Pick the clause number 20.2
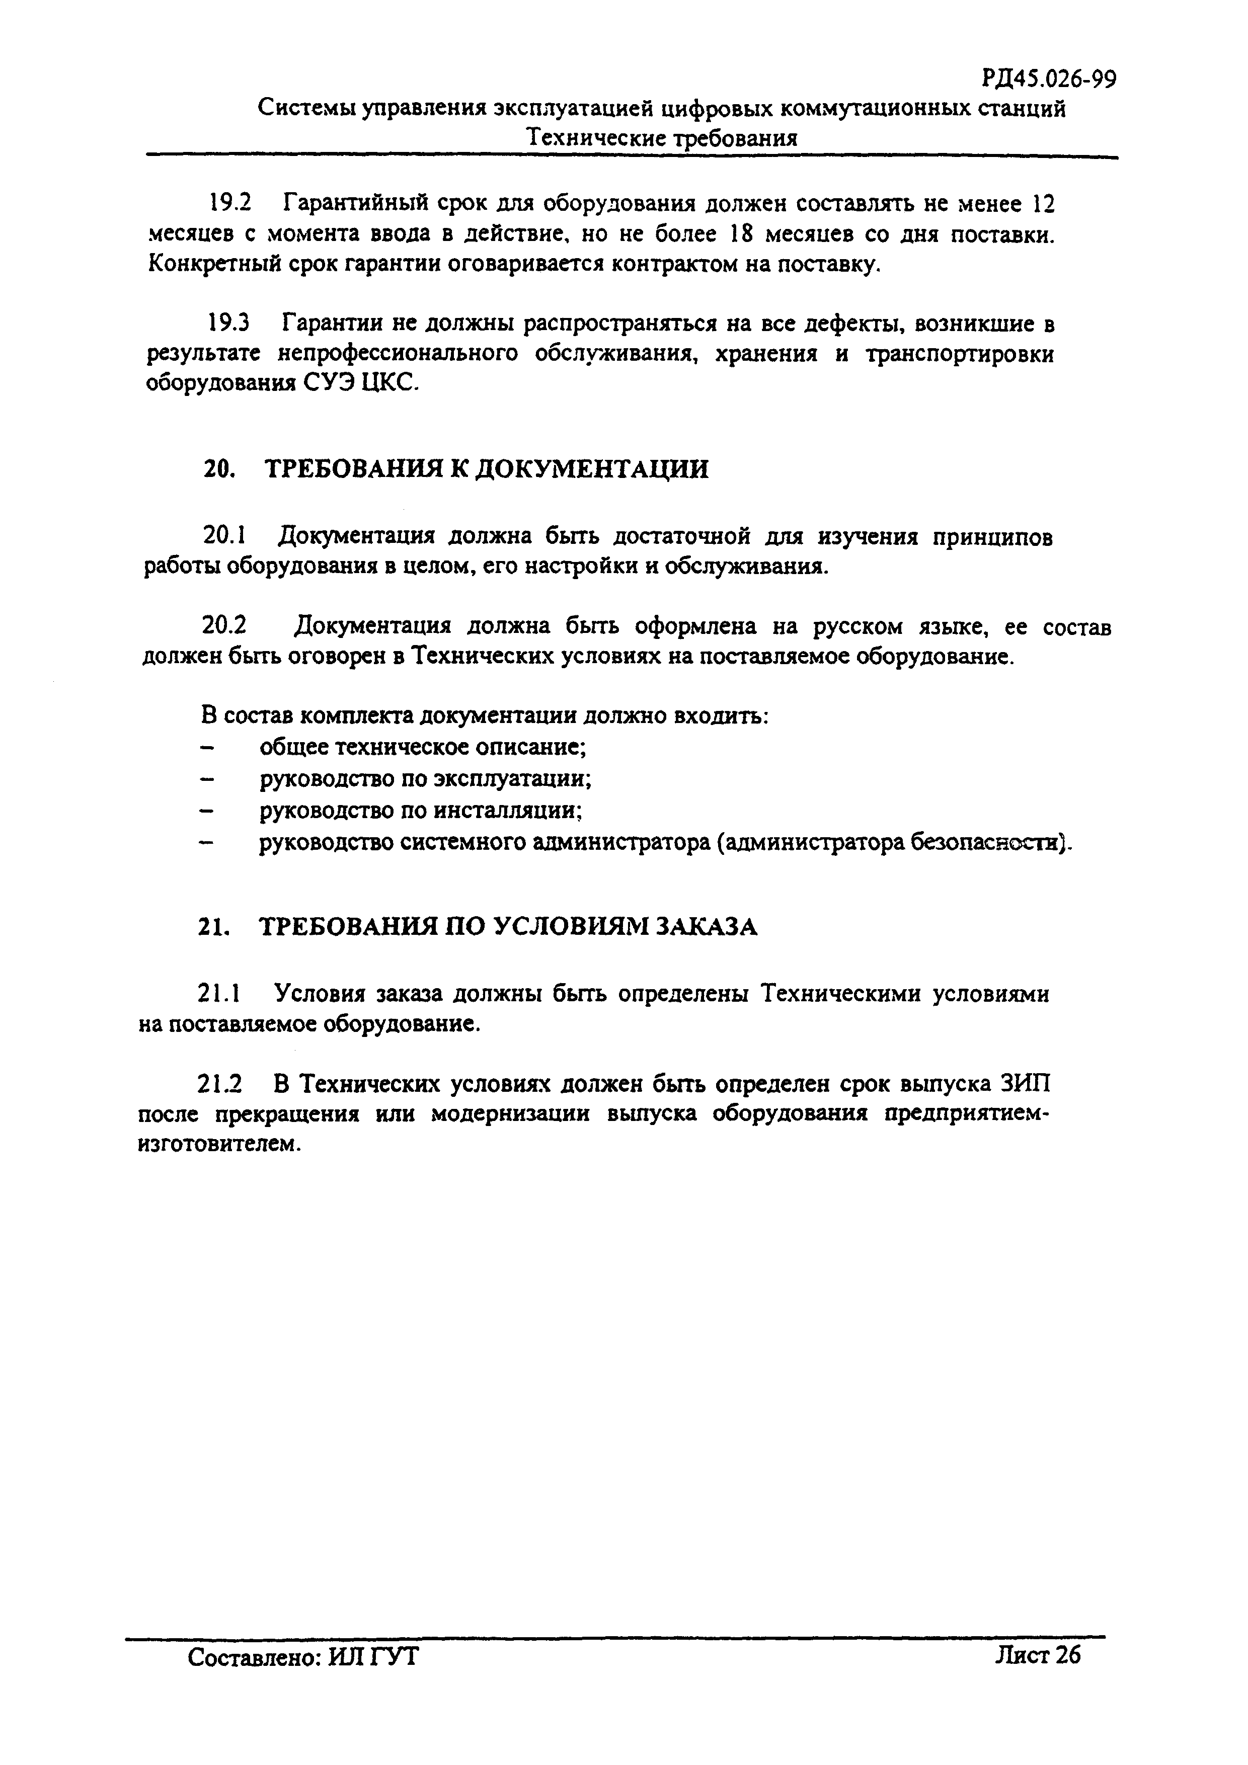(224, 626)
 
